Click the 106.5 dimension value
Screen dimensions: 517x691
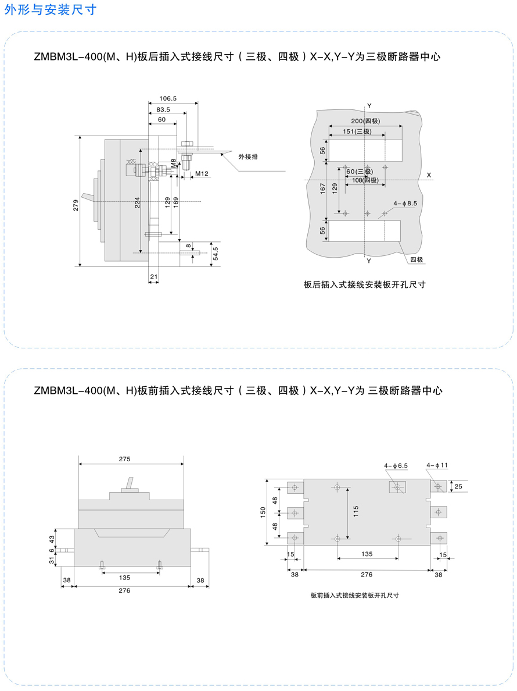click(168, 99)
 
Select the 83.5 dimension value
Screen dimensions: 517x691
click(163, 109)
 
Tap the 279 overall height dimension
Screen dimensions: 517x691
click(76, 205)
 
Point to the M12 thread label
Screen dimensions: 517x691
click(202, 173)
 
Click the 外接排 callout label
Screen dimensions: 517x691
click(248, 156)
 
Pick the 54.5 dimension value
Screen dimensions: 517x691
click(215, 254)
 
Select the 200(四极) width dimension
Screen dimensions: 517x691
click(365, 121)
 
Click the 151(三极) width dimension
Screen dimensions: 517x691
click(357, 131)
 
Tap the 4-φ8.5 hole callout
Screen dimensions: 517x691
click(405, 203)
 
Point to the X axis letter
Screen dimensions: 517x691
click(429, 176)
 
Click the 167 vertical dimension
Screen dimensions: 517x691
click(322, 188)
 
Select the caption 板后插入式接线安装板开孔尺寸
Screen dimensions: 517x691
click(365, 284)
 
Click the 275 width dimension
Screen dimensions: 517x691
click(124, 459)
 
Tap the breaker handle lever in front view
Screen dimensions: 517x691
click(130, 483)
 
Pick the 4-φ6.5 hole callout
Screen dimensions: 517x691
click(396, 465)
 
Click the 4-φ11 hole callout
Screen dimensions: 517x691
click(437, 465)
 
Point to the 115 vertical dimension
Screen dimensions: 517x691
click(356, 511)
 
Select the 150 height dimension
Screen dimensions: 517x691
click(263, 512)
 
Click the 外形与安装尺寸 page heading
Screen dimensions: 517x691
click(50, 10)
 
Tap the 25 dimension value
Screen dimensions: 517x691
click(458, 486)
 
